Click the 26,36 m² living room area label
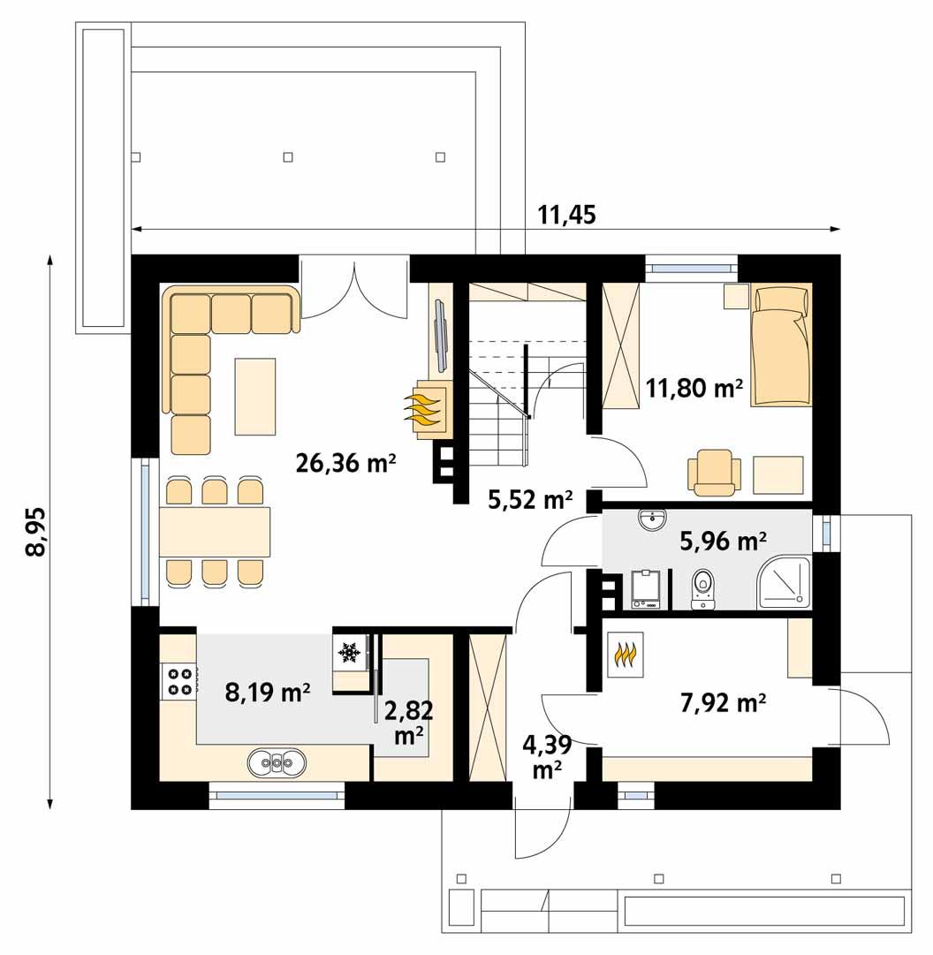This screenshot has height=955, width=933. click(345, 462)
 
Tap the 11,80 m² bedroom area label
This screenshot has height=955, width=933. click(693, 387)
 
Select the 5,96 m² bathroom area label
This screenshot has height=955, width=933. click(723, 540)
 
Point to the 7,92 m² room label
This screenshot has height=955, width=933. click(723, 703)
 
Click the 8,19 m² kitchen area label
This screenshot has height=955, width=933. click(267, 692)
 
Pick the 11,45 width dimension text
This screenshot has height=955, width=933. click(566, 215)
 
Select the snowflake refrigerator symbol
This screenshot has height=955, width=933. click(349, 653)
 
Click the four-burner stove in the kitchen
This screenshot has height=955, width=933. click(180, 680)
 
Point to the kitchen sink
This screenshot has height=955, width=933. click(277, 761)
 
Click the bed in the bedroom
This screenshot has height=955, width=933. click(781, 345)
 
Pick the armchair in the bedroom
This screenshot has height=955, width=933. click(714, 471)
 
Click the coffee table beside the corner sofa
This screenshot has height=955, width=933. click(255, 396)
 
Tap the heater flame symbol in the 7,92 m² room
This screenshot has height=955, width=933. click(625, 655)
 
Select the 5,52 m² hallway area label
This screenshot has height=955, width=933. click(529, 500)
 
